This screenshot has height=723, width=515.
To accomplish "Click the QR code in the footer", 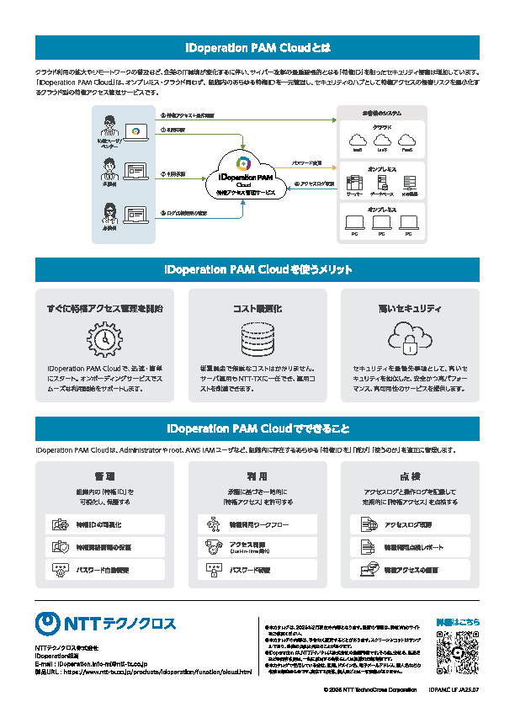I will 458,651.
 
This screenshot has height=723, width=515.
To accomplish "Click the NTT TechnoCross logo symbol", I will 48,623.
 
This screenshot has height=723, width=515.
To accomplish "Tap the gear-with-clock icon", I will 105,338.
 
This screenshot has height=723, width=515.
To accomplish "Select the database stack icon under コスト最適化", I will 257,338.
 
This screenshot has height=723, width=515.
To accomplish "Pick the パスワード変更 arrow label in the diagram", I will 306,162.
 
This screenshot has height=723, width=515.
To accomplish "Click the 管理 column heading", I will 105,476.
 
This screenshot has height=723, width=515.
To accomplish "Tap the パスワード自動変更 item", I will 105,570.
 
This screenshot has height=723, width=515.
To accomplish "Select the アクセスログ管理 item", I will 410,524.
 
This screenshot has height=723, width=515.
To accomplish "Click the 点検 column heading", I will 410,476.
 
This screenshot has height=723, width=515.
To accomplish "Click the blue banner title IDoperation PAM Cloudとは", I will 257,47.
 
